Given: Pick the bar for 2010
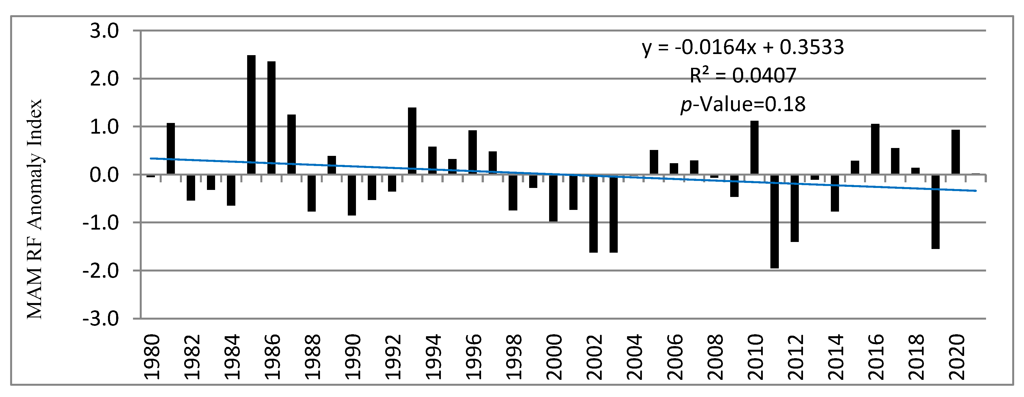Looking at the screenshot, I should pyautogui.click(x=754, y=148).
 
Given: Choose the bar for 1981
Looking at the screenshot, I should pyautogui.click(x=171, y=149).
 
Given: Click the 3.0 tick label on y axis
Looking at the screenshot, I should pyautogui.click(x=104, y=31).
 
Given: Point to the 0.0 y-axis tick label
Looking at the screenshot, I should pyautogui.click(x=104, y=175).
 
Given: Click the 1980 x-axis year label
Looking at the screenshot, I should pyautogui.click(x=152, y=357).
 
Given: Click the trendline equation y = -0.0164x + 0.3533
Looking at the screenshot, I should pyautogui.click(x=743, y=47).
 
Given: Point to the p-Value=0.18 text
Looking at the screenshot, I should pyautogui.click(x=743, y=104).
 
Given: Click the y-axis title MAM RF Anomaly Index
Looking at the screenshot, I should pyautogui.click(x=35, y=209).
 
